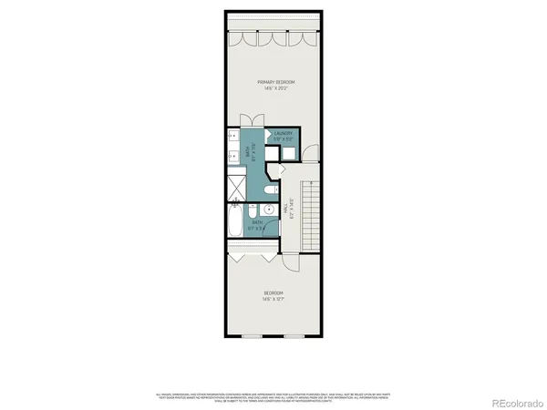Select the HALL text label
285,209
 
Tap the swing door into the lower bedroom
292,261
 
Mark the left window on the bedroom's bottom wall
248,335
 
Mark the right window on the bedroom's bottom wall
299,335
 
